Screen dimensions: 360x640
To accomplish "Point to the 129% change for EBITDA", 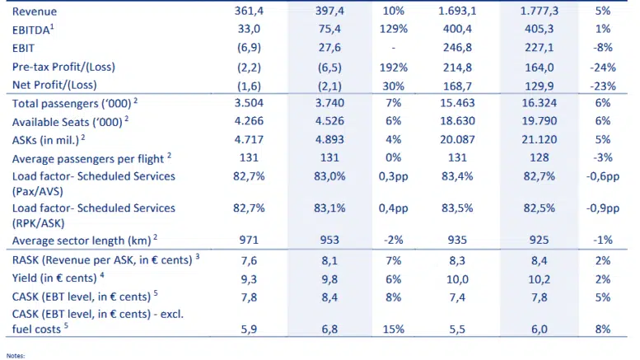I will pyautogui.click(x=393, y=30).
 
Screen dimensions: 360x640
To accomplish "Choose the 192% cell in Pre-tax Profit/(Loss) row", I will pyautogui.click(x=393, y=68).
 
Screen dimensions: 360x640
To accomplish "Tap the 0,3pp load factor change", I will pyautogui.click(x=393, y=176).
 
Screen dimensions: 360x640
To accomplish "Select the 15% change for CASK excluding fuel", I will pyautogui.click(x=393, y=330).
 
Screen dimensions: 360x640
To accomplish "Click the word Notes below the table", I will pyautogui.click(x=14, y=356).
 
